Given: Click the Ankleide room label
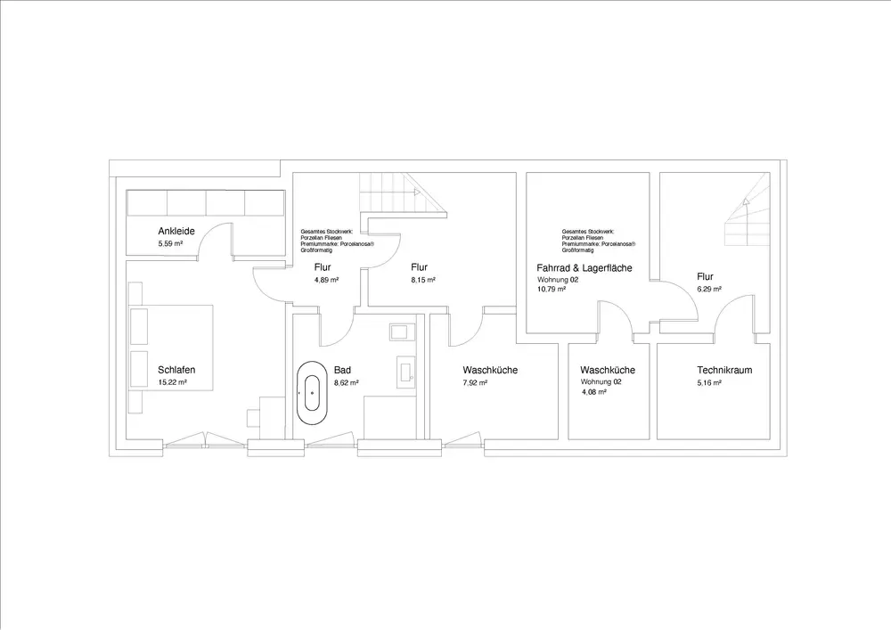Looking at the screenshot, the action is (x=176, y=232).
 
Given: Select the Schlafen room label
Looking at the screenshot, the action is (x=176, y=370).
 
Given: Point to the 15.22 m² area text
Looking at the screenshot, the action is (x=172, y=382).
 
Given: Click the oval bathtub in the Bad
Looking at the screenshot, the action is (x=312, y=391).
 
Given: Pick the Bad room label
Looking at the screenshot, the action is (x=342, y=370).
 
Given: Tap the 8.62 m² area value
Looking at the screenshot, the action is (x=346, y=382).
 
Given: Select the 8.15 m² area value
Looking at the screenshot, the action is (x=421, y=280).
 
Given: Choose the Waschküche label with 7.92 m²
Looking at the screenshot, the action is (x=490, y=370).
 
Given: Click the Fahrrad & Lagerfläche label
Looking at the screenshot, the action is (x=584, y=267).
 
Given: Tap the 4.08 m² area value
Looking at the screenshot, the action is (x=593, y=391).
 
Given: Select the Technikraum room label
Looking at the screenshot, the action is (x=725, y=370).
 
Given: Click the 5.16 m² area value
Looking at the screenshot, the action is (x=709, y=382).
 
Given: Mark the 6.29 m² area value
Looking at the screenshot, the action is (x=709, y=289).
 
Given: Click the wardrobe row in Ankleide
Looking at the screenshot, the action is (x=206, y=202).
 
